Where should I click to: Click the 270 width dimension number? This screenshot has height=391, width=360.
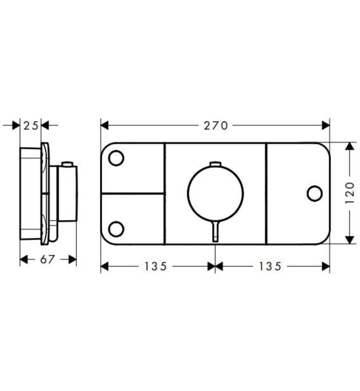(x=216, y=126)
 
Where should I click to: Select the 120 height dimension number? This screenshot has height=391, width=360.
(x=351, y=193)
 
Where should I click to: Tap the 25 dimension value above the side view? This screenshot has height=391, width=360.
(x=32, y=126)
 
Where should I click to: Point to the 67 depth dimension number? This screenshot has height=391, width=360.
(x=48, y=260)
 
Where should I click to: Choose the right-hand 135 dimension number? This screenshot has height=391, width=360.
(x=270, y=266)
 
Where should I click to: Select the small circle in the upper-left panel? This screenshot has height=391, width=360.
(x=116, y=158)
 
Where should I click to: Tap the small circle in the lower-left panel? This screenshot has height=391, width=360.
(x=116, y=228)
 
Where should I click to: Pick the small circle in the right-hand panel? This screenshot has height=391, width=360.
(x=315, y=193)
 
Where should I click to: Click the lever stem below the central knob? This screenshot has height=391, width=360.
(x=215, y=231)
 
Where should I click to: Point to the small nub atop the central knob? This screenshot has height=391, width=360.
(x=215, y=164)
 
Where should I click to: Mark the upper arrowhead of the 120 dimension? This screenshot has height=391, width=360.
(x=350, y=146)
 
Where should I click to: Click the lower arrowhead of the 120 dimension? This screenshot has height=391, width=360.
(x=350, y=240)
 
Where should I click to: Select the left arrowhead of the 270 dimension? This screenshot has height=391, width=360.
(x=104, y=126)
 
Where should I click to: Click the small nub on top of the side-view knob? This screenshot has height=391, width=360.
(x=67, y=164)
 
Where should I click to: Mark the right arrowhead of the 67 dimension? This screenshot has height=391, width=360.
(x=73, y=260)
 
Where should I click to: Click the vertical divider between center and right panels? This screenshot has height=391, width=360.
(x=266, y=193)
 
